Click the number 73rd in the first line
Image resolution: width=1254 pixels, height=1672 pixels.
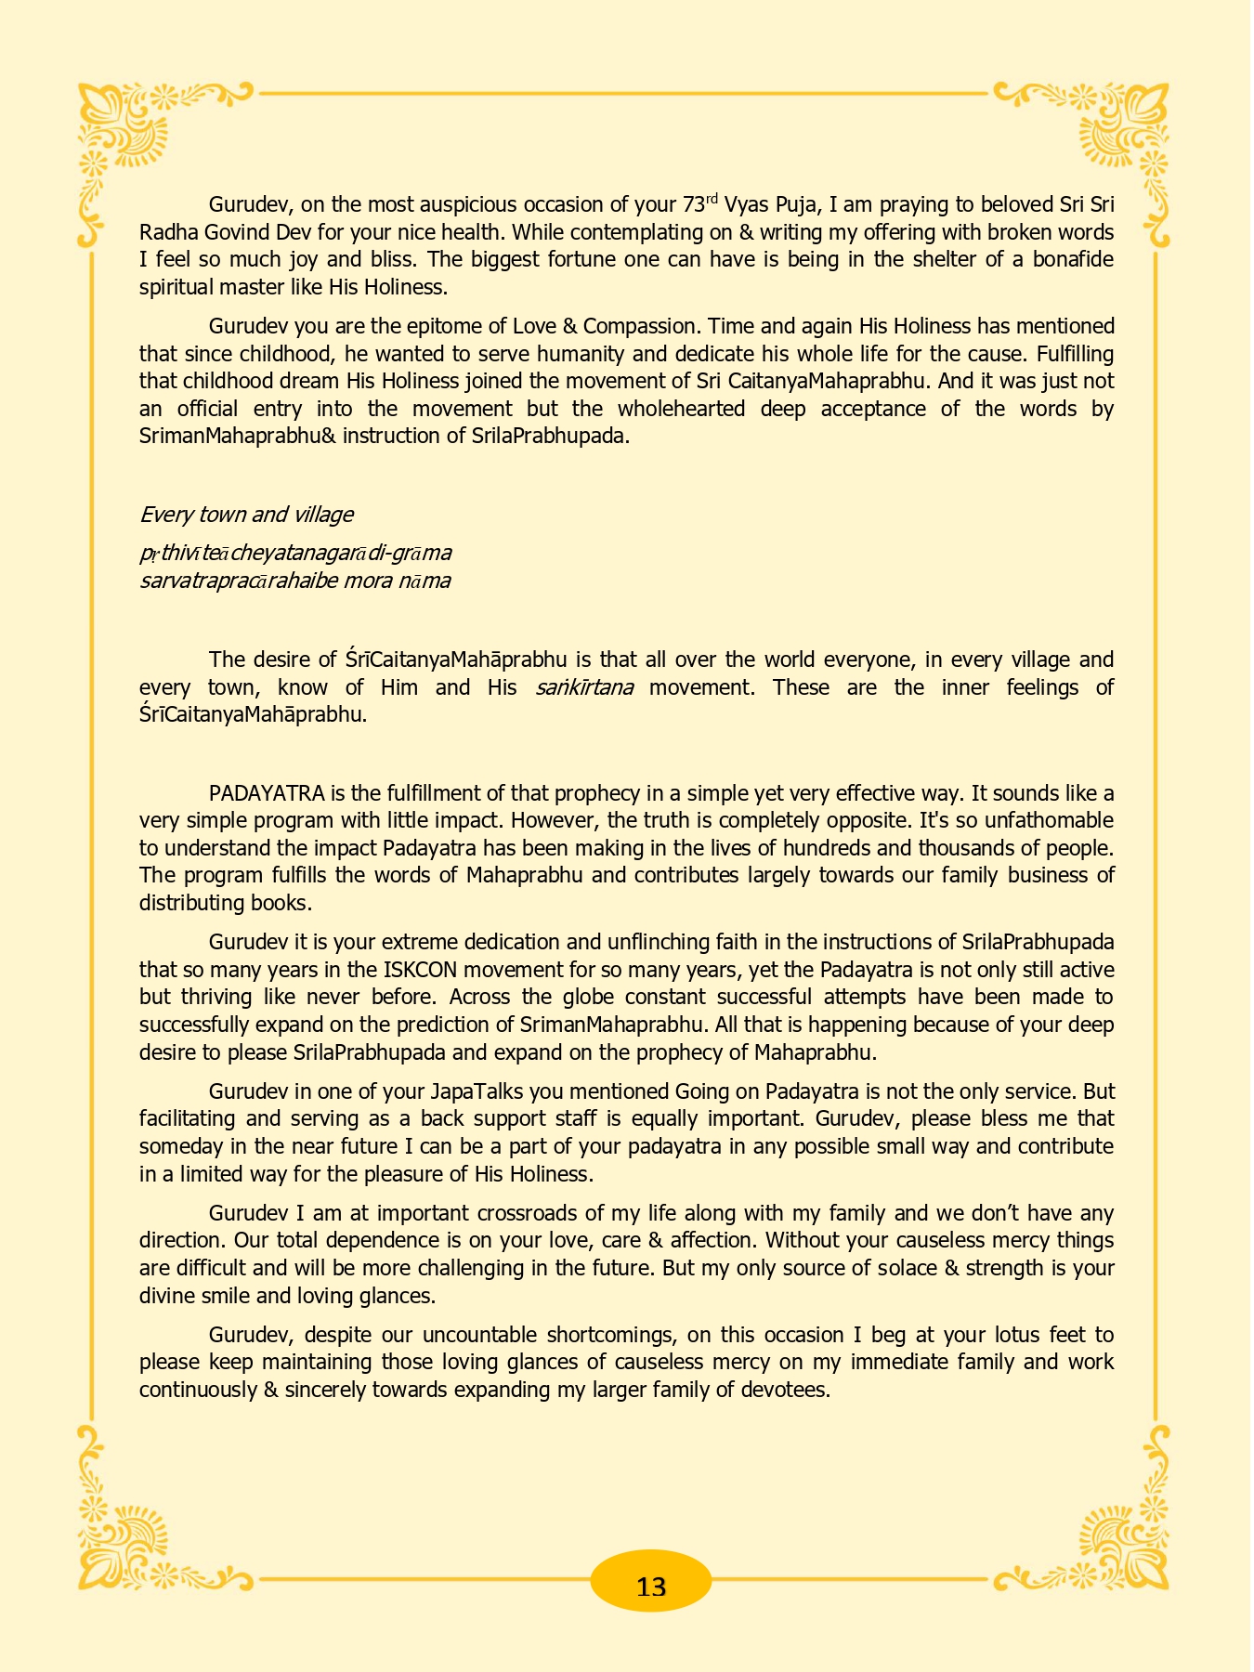pos(699,203)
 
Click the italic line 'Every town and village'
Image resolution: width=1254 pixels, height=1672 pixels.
pos(246,515)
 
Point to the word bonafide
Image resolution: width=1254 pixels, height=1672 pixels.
pos(1070,259)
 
